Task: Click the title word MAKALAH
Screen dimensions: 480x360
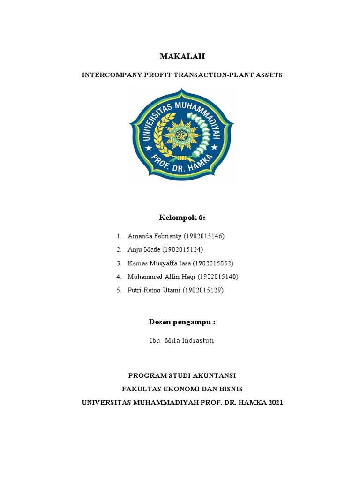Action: [x=182, y=57]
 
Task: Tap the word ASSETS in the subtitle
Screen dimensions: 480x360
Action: [x=267, y=75]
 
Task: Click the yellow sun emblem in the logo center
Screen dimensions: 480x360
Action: [x=181, y=135]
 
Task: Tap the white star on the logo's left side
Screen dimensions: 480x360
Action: [x=149, y=148]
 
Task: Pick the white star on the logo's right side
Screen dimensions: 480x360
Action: [x=215, y=148]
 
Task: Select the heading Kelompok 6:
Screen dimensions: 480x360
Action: [x=182, y=218]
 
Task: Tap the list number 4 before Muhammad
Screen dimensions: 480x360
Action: [x=119, y=277]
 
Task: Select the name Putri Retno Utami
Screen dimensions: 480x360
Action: [x=153, y=290]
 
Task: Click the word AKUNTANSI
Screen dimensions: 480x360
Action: [x=214, y=375]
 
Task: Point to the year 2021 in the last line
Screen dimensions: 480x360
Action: [x=275, y=402]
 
